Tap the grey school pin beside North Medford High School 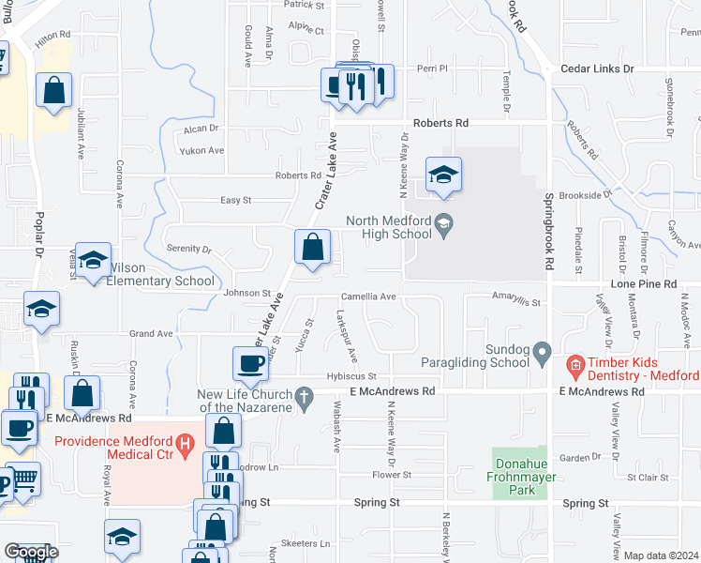[x=446, y=222]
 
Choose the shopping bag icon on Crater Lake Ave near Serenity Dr [x=313, y=248]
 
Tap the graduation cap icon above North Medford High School [x=444, y=174]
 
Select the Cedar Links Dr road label [x=597, y=69]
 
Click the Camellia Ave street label [x=368, y=297]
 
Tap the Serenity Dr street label [x=185, y=249]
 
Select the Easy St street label [x=235, y=200]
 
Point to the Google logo [x=31, y=552]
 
